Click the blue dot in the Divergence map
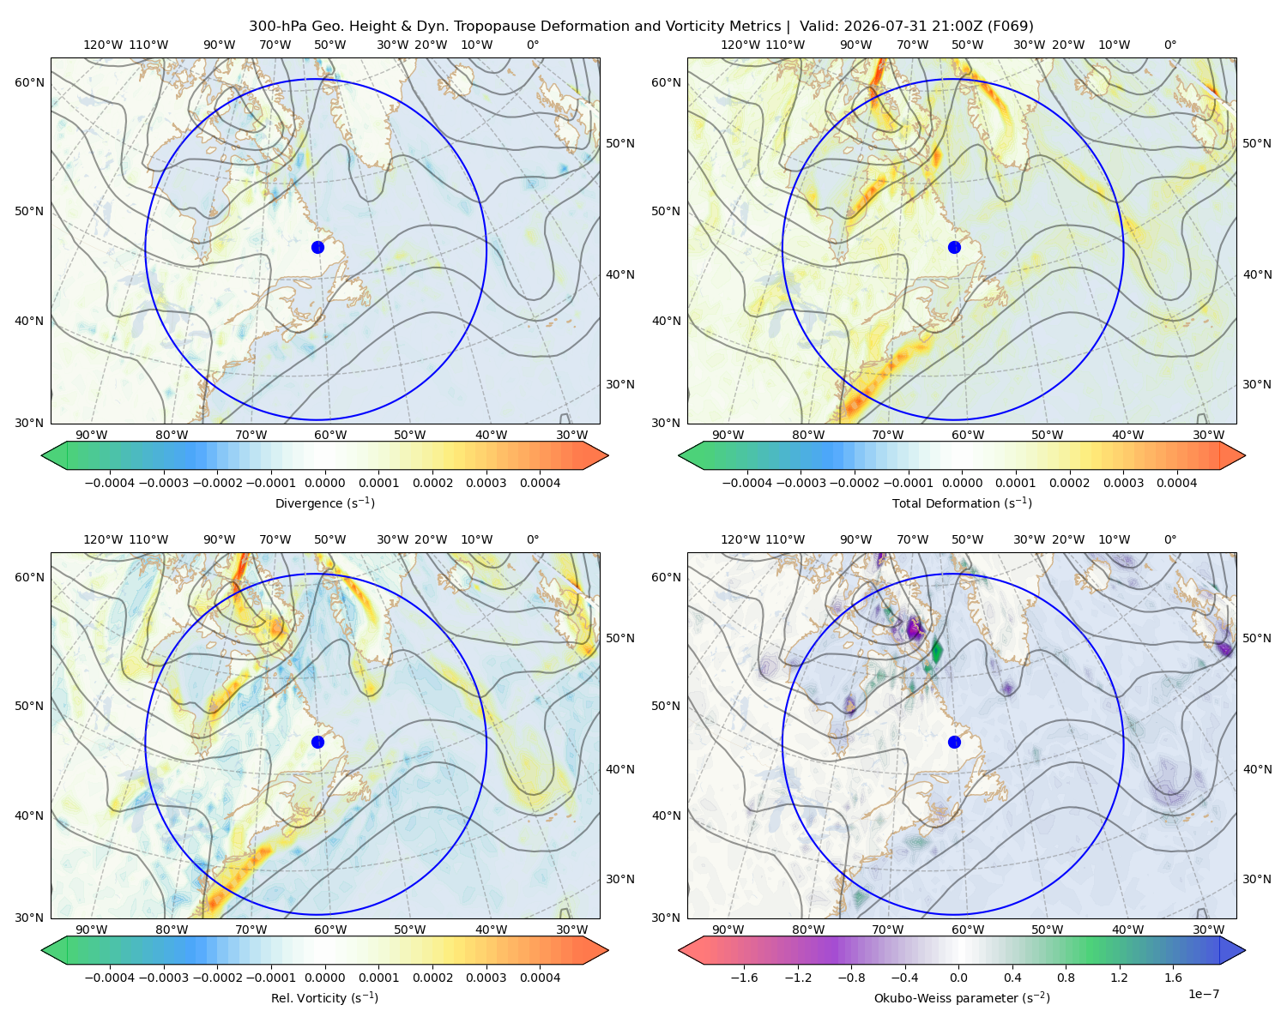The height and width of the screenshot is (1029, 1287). (317, 247)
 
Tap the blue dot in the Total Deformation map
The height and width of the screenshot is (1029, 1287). (954, 247)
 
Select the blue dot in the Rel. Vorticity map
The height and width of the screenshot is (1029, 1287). (317, 742)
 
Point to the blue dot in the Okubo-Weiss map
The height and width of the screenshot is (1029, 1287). (954, 742)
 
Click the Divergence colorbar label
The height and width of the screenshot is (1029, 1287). (324, 502)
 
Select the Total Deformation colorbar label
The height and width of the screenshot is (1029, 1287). (962, 502)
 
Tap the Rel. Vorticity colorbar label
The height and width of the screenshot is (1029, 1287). (324, 997)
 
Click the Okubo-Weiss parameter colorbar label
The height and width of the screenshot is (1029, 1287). (962, 997)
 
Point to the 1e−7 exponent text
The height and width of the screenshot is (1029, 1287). (1203, 994)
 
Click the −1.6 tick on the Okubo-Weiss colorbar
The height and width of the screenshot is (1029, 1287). (744, 977)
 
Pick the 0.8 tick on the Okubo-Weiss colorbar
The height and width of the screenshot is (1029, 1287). (1066, 977)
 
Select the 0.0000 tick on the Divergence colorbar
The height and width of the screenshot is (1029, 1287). (324, 483)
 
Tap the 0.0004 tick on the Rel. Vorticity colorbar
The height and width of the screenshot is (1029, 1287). (540, 977)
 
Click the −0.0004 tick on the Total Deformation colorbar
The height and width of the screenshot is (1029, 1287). (747, 483)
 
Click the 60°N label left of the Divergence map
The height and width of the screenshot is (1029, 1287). (29, 82)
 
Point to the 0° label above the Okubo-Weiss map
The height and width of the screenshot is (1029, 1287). (1169, 539)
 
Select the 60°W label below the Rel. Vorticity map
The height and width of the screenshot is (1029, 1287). (330, 930)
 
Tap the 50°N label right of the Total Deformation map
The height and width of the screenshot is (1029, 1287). (1256, 143)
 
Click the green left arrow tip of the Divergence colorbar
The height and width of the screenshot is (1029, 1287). (42, 455)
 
